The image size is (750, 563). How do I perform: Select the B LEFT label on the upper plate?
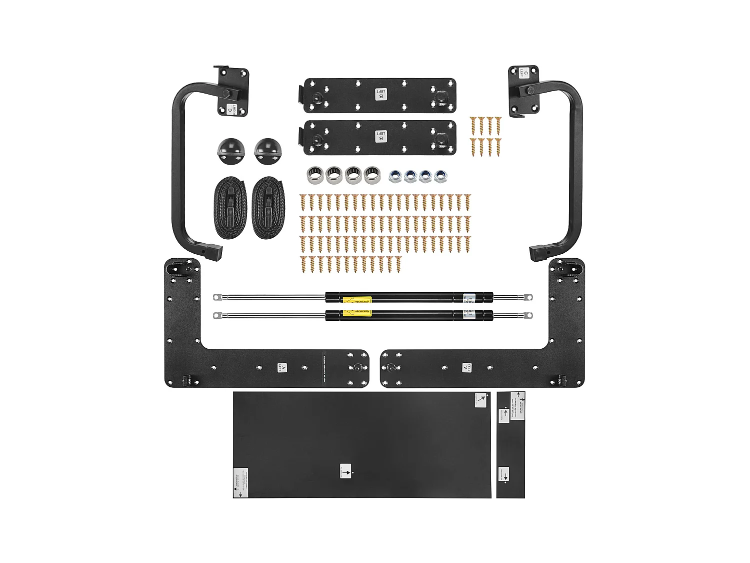point(381,94)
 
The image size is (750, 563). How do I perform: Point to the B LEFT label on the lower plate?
point(381,136)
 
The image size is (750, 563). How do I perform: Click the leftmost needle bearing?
point(314,175)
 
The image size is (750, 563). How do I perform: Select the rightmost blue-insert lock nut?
point(440,176)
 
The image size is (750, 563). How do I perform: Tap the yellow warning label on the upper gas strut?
point(357,300)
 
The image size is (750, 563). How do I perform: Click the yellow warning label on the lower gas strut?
point(357,314)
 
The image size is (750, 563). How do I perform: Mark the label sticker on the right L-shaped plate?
point(467,368)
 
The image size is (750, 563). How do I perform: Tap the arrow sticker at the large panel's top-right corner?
point(480,400)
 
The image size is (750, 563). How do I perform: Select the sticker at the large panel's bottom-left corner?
point(240,483)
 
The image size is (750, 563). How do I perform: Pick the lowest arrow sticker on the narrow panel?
point(503,474)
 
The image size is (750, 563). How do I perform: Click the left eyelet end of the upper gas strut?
point(217,297)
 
